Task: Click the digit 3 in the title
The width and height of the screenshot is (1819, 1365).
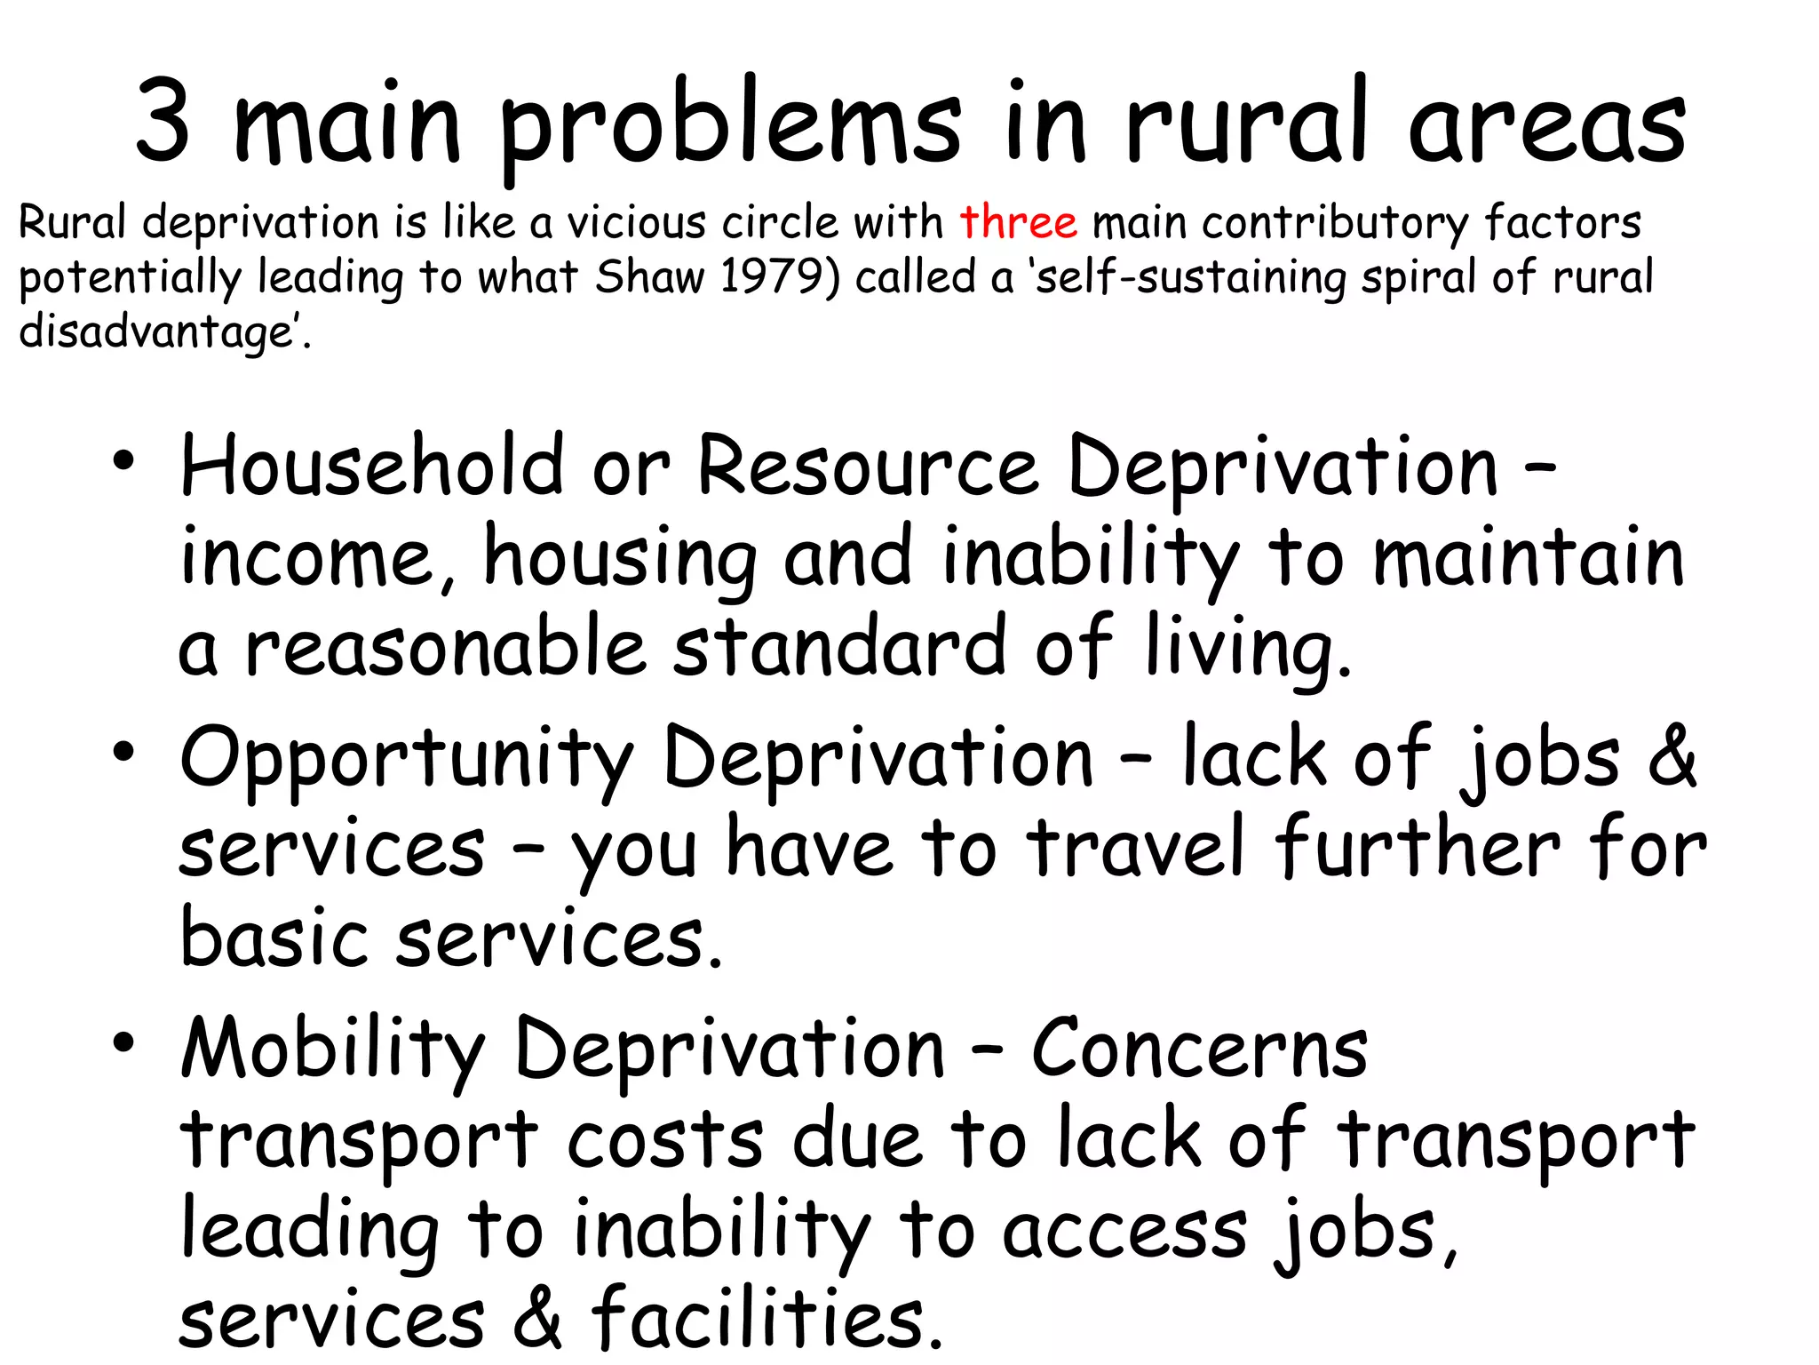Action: (163, 122)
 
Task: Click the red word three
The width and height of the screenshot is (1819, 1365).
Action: (1018, 222)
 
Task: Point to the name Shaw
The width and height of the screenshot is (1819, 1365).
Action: (648, 276)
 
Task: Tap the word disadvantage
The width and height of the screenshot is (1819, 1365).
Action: (158, 331)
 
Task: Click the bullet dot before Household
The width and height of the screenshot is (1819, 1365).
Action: (123, 461)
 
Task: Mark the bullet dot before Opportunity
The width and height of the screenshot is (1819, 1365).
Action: (123, 752)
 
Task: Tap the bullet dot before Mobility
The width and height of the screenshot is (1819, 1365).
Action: (123, 1042)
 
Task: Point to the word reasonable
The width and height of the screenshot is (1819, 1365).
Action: (445, 647)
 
